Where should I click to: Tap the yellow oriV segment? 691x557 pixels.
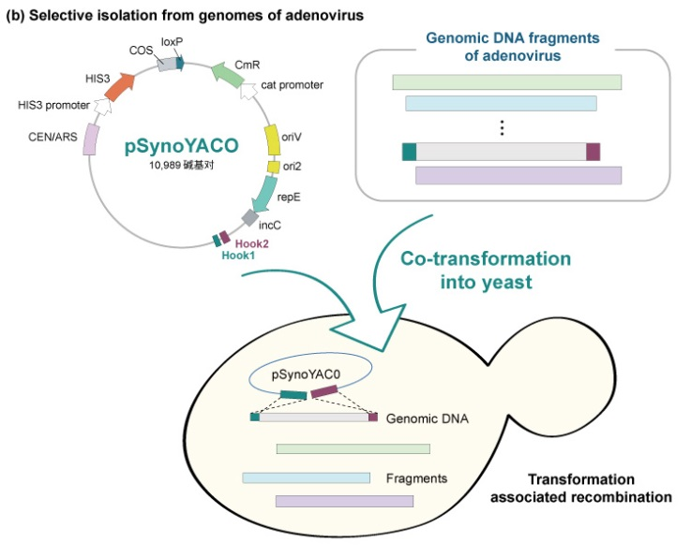(x=273, y=139)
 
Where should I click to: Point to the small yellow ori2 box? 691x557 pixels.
(x=274, y=167)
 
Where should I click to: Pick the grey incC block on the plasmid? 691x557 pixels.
(x=250, y=218)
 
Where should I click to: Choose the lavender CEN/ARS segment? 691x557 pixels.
(x=91, y=140)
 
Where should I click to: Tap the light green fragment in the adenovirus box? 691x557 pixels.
(x=506, y=82)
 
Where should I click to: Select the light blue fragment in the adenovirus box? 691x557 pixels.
(x=501, y=103)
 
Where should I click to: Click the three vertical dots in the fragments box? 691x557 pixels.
(x=503, y=128)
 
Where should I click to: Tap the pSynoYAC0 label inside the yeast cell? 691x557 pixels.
(x=301, y=373)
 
